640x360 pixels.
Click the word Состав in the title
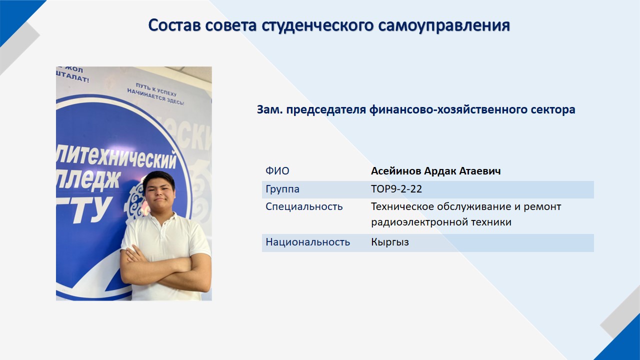tap(174, 25)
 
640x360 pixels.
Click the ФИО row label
tap(277, 171)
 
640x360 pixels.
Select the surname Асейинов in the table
tap(395, 171)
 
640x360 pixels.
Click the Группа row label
tap(282, 189)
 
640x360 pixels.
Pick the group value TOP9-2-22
tap(396, 189)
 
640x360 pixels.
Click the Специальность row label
tap(304, 206)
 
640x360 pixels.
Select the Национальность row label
tap(307, 242)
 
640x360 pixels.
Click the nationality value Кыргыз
tap(390, 242)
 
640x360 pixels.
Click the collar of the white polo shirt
tap(163, 221)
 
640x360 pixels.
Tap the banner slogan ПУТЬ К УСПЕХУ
tap(156, 89)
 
